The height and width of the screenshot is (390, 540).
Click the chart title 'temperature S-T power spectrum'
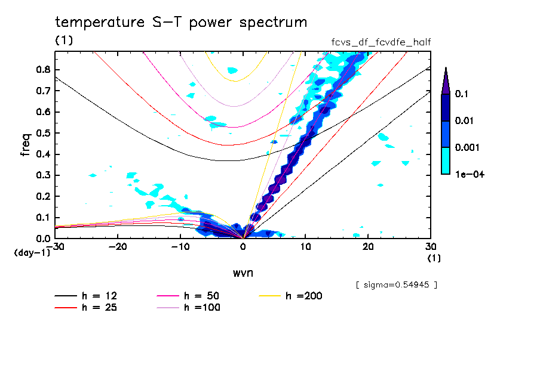click(x=180, y=23)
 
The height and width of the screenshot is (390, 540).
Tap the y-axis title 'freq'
click(x=26, y=145)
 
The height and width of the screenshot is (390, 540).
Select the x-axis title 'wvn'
click(x=243, y=273)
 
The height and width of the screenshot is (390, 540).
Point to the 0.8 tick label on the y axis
click(x=43, y=69)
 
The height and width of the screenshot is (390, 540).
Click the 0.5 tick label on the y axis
click(x=43, y=133)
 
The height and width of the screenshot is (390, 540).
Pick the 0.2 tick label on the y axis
click(x=43, y=196)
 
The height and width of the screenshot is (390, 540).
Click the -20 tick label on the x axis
click(x=118, y=247)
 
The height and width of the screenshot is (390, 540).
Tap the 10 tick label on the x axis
click(x=305, y=247)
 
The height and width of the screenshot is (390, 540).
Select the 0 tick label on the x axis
click(x=243, y=247)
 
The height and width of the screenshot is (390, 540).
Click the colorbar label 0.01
click(x=465, y=121)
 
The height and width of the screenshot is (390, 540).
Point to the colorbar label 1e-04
click(x=468, y=174)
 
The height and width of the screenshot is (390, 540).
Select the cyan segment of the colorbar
click(x=446, y=160)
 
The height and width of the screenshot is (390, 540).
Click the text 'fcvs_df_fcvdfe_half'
click(x=381, y=42)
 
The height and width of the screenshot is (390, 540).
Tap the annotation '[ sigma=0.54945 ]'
click(x=397, y=284)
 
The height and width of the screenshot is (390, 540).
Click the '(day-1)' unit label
click(x=31, y=253)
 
